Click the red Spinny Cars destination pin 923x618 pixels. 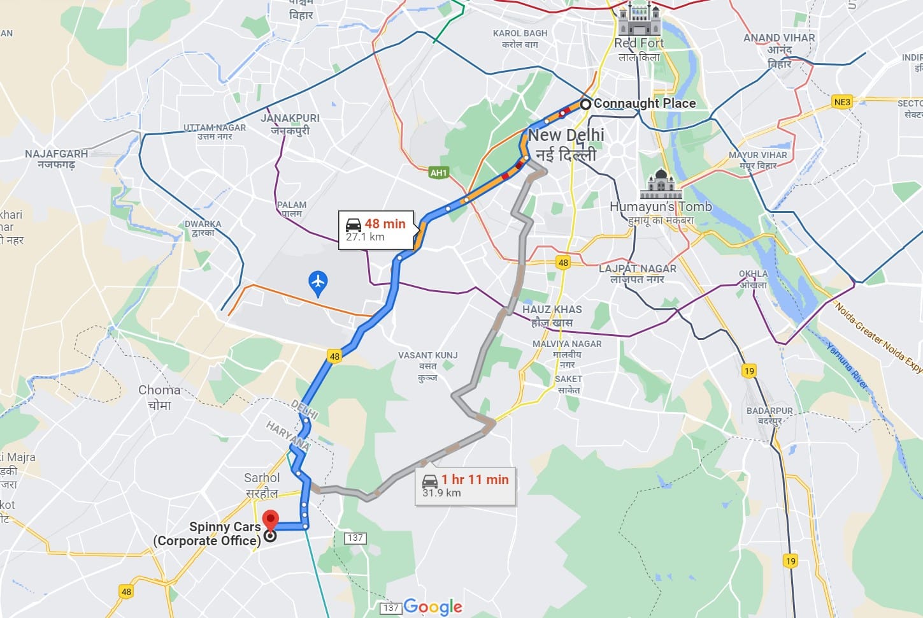pos(271,520)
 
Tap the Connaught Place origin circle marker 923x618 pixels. pos(585,103)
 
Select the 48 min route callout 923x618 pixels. pos(376,230)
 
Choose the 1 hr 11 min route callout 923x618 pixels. pos(465,485)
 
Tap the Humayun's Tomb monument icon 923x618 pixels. pos(661,184)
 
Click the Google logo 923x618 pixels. pos(433,607)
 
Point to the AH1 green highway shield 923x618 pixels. pos(438,172)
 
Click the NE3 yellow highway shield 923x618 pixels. pos(841,102)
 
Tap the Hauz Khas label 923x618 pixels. pos(552,316)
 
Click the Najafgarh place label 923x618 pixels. pos(56,159)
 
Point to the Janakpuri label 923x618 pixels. pos(290,124)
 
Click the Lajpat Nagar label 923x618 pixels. pos(637,274)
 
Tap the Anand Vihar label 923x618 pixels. pos(779,50)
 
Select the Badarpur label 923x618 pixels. pos(769,415)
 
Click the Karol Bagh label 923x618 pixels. pos(520,38)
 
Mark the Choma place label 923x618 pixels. pos(159,397)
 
